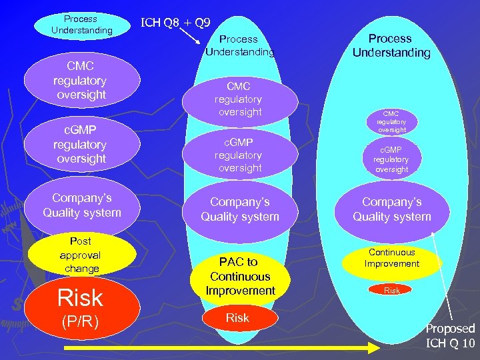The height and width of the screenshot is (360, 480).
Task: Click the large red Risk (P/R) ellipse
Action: (82, 309)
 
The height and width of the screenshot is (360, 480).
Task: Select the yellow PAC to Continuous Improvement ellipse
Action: (240, 276)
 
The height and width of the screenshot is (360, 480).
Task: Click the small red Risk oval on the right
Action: (392, 291)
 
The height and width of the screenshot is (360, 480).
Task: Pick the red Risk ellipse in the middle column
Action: (237, 319)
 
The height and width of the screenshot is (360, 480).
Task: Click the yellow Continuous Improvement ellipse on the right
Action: (392, 259)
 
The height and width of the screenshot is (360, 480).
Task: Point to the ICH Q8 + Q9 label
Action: (176, 23)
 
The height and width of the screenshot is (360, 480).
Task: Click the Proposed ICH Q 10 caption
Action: (451, 336)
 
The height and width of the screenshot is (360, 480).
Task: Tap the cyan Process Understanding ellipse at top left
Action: (82, 25)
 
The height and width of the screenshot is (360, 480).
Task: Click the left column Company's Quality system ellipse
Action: (82, 205)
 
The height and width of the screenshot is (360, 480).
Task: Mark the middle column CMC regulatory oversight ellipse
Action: (239, 99)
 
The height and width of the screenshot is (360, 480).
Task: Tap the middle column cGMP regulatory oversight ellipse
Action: (239, 155)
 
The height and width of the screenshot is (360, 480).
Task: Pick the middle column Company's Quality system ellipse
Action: (240, 209)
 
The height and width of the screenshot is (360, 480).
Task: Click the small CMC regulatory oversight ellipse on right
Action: (391, 121)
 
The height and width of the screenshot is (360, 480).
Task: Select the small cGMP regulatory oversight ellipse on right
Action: (391, 159)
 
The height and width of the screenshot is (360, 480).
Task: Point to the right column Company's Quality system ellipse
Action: (392, 209)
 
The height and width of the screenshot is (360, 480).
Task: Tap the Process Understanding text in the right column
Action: (391, 45)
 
